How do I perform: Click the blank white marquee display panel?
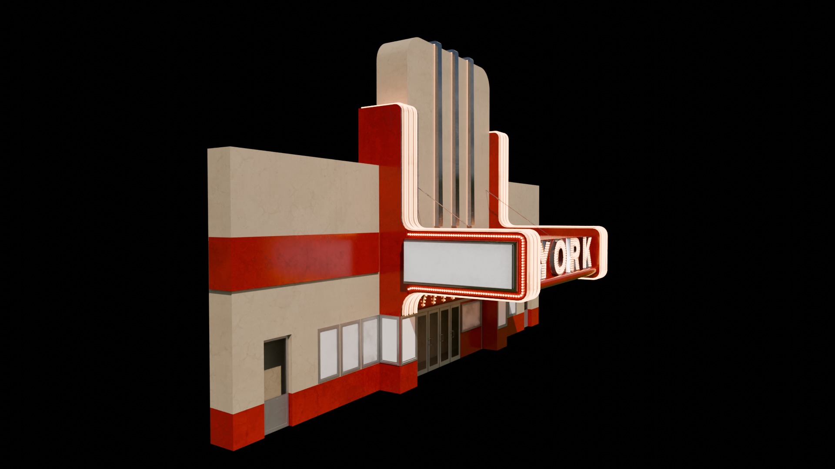(459, 263)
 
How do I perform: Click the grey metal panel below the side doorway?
(277, 417)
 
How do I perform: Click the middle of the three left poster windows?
(350, 348)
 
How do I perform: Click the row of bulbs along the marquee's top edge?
(463, 236)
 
